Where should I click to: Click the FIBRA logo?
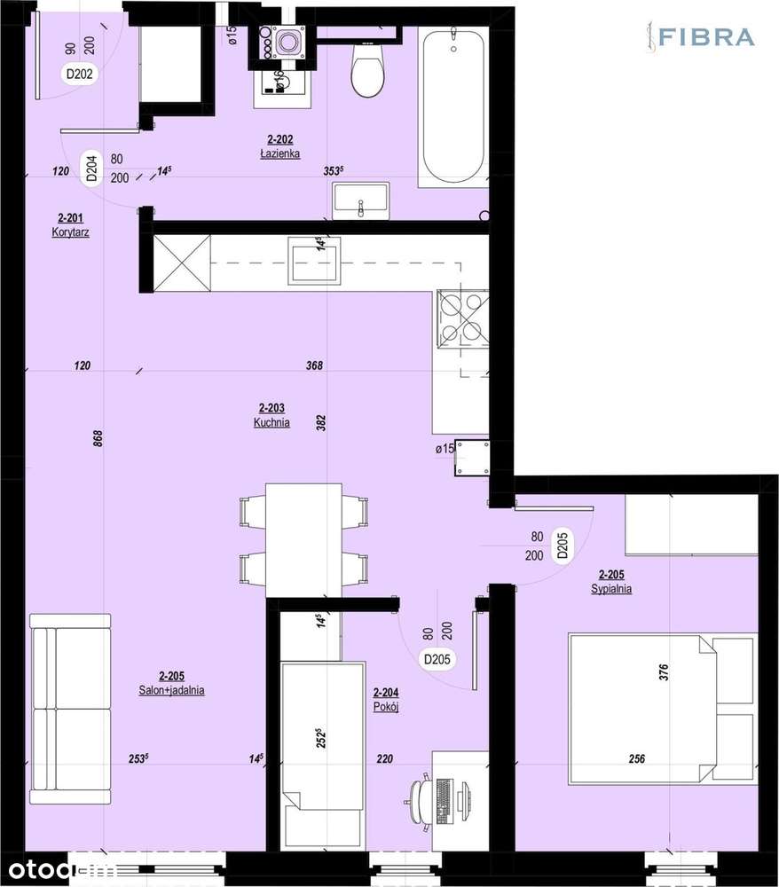[700, 37]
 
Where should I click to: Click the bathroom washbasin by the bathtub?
[361, 200]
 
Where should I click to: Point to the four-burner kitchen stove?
[460, 317]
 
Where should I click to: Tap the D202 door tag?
[80, 75]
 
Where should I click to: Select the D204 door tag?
[91, 169]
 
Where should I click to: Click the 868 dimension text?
[98, 437]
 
